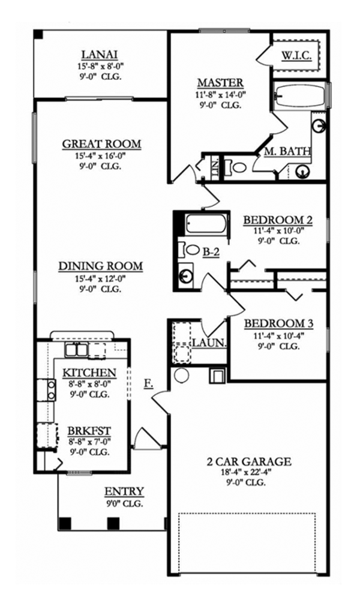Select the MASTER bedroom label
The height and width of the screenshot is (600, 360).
pos(220,83)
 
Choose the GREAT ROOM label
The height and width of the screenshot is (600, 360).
pos(101,144)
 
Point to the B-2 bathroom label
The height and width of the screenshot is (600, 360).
pos(211,253)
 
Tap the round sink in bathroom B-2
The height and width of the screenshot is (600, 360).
pos(186,277)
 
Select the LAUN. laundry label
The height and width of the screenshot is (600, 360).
pos(209,343)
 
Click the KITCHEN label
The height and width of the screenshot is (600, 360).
pos(89,373)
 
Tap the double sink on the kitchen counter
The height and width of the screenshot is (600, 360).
pos(76,350)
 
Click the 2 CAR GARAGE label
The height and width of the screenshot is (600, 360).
pos(248,461)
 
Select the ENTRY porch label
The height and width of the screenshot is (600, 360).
pos(124,492)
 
